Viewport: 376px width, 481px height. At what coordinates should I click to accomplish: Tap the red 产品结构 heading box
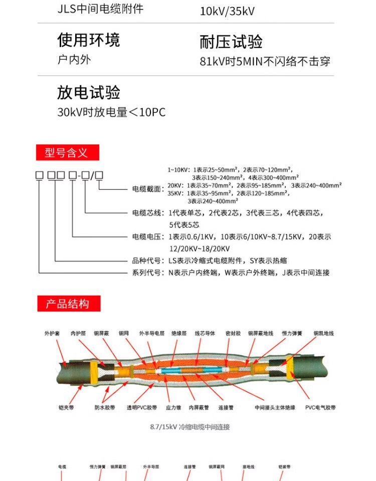coord(68,304)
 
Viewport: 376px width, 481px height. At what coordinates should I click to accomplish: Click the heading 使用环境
coord(89,40)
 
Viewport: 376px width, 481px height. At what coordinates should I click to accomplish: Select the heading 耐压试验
coord(231,42)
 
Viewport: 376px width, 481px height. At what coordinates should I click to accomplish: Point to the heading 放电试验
coord(89,93)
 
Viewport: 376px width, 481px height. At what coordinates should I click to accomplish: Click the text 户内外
coord(74,60)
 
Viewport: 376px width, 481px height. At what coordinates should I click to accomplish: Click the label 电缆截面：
coord(148,189)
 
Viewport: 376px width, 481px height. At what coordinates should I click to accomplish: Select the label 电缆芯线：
coord(148,213)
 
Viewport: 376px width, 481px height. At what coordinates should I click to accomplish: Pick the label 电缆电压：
coord(148,236)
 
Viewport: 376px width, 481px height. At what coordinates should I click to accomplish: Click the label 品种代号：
coord(148,261)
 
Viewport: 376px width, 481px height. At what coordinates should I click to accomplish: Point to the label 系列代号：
coord(148,273)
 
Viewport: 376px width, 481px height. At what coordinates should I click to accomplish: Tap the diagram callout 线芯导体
coord(205,333)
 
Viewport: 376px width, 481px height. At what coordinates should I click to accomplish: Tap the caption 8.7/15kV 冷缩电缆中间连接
coord(190,427)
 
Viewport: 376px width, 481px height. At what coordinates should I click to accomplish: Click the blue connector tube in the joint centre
coord(186,371)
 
